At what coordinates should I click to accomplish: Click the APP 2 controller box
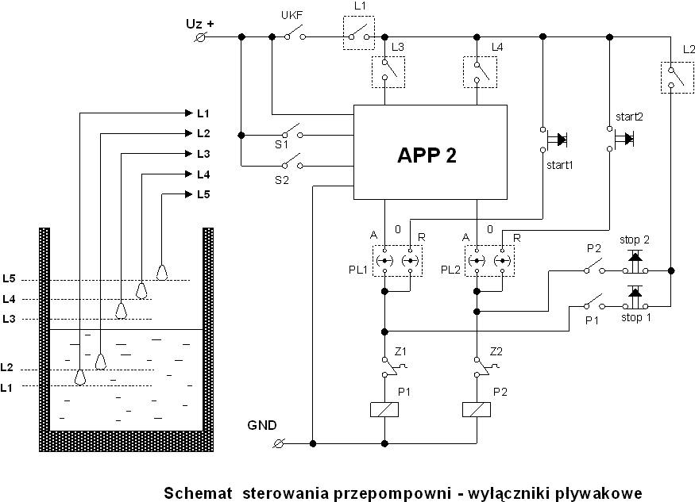pos(430,152)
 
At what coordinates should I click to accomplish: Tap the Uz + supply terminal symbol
pos(200,37)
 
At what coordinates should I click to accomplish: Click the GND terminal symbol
pos(279,443)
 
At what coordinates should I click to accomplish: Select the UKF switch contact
pos(295,35)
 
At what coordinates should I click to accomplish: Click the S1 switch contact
pos(292,132)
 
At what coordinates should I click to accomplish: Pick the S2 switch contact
pos(292,163)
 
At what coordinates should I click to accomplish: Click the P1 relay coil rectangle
pos(384,409)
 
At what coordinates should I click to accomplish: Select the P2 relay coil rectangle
pos(477,409)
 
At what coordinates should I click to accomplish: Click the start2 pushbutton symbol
pos(620,139)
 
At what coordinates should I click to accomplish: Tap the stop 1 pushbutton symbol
pos(635,297)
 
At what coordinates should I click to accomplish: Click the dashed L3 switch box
pos(388,72)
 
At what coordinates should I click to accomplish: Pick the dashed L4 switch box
pos(480,72)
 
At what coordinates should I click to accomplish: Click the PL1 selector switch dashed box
pos(398,261)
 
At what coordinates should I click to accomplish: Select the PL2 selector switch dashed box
pos(490,261)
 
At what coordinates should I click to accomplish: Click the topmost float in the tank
pos(162,272)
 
